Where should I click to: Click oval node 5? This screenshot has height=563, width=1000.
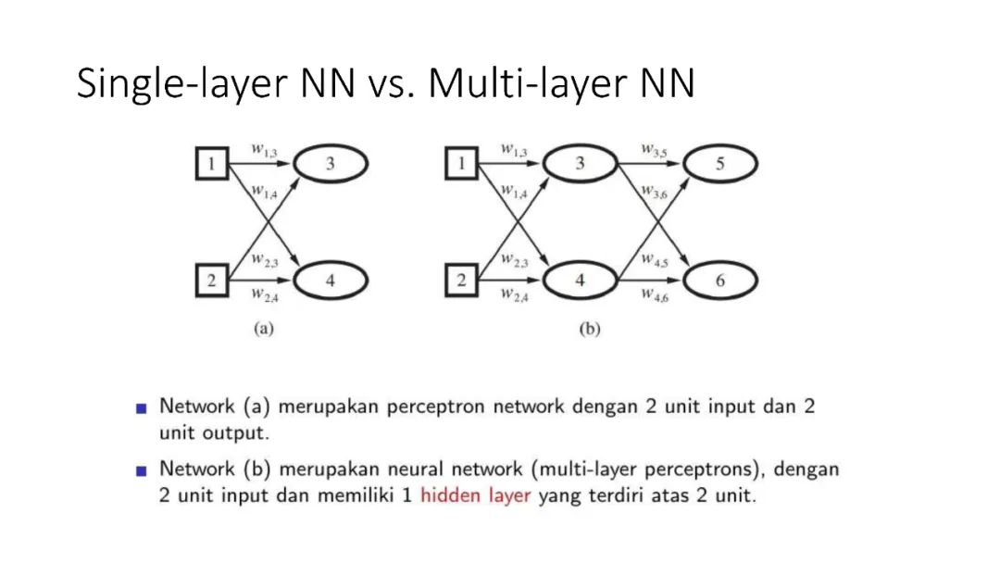[719, 164]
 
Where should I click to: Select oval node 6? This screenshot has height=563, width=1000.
[719, 281]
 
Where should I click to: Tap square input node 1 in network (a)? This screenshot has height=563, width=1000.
[211, 165]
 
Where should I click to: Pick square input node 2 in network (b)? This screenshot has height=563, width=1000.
[461, 281]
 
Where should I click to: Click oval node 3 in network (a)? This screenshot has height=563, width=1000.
[331, 164]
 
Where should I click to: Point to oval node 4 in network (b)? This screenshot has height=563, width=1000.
[581, 281]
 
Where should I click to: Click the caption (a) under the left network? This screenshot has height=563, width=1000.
[264, 329]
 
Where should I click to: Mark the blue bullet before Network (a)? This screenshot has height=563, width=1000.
[142, 407]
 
